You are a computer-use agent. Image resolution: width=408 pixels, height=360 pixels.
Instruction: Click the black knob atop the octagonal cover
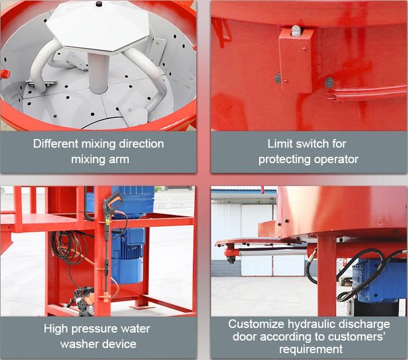coord(99,4)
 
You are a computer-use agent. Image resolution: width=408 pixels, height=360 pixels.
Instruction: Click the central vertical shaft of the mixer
coord(98,72)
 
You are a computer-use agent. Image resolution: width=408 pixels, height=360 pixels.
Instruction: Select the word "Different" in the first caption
coord(55,144)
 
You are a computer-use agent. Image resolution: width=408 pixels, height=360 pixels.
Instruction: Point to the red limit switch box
coord(296,61)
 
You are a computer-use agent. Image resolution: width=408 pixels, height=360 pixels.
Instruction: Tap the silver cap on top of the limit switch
coord(295,31)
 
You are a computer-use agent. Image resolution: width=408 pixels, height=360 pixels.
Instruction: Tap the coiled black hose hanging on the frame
coord(66,247)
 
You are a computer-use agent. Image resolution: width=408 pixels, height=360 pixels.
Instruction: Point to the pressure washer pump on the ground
coord(84,300)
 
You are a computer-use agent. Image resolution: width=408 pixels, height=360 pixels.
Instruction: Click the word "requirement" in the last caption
coord(311,349)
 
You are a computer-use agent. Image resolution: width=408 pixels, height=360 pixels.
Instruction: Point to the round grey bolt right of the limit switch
coord(329,82)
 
